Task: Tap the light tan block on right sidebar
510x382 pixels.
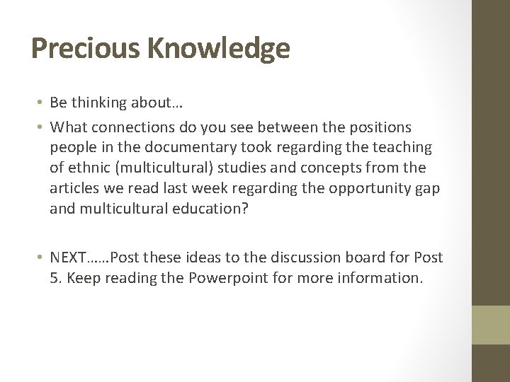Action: pos(490,325)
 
